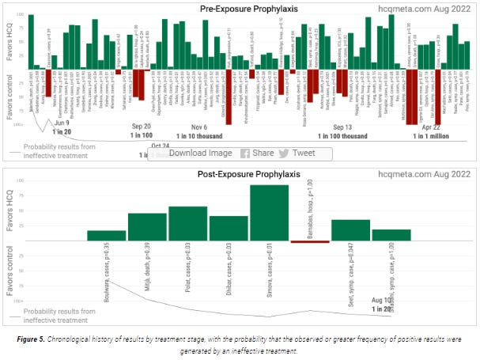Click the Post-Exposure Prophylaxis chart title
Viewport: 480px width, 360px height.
[x=236, y=173]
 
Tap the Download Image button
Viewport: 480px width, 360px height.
[x=200, y=153]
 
